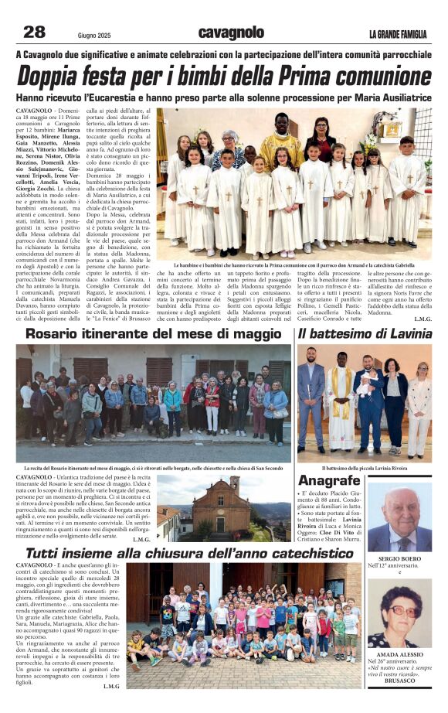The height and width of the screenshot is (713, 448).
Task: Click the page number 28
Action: point(34,32)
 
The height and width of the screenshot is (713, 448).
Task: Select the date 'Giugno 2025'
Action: point(95,35)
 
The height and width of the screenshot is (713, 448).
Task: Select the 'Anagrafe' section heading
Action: point(329,479)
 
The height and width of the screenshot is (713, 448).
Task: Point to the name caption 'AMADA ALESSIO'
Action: point(399,654)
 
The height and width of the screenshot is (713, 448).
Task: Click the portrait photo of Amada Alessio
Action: point(399,615)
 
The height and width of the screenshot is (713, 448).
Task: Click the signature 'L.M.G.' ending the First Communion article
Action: point(423,319)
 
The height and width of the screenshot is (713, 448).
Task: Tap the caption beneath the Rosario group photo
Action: point(154,468)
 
